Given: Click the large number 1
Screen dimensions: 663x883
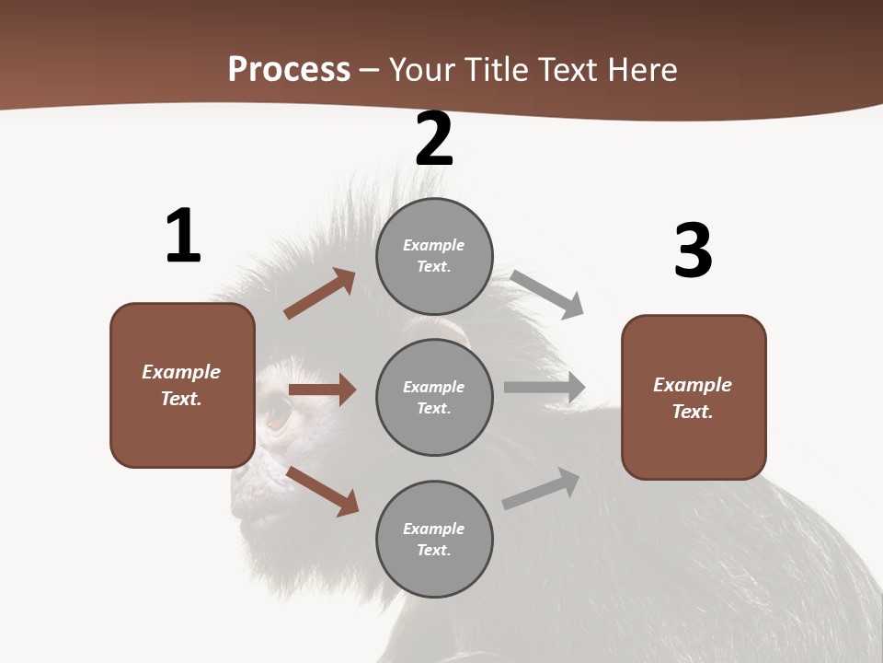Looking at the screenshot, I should [183, 236].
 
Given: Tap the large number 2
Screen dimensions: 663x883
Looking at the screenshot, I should [434, 139].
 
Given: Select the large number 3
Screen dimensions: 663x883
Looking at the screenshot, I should [693, 251].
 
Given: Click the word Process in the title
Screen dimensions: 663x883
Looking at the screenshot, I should [289, 69].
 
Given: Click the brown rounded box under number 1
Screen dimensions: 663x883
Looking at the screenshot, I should [182, 385].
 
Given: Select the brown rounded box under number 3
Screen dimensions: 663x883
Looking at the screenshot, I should [694, 397].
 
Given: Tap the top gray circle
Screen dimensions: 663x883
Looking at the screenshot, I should [434, 256].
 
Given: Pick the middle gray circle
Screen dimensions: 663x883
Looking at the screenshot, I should [434, 397].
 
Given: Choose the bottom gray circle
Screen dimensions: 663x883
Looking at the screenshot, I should [434, 539].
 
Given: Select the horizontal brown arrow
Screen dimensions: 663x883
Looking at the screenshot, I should [322, 390].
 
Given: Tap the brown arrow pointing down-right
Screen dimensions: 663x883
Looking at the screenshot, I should [323, 491].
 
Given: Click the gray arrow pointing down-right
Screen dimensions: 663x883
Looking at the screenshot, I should [547, 295].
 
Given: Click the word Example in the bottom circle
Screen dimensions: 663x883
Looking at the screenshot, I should [433, 529].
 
